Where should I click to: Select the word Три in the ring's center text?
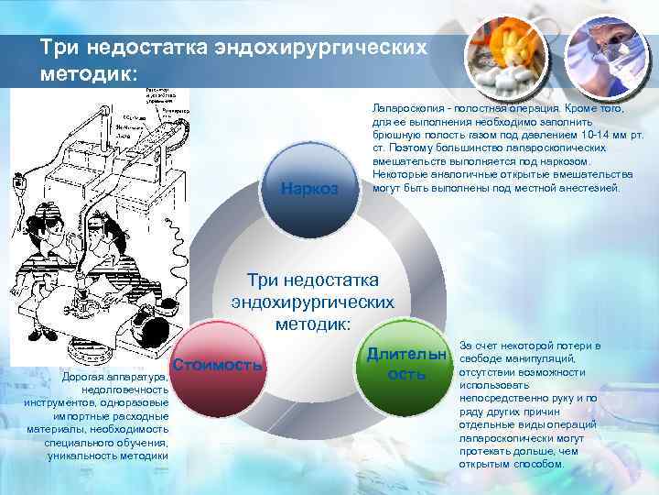263,280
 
